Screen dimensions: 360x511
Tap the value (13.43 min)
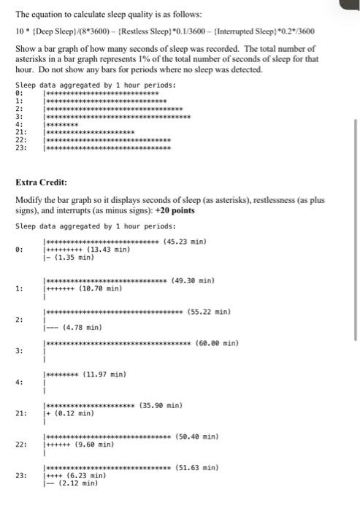pos(108,250)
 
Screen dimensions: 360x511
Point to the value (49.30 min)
pos(192,280)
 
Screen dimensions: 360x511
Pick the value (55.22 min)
pos(209,312)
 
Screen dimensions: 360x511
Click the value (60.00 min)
pos(218,343)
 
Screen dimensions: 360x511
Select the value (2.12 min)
pos(74,483)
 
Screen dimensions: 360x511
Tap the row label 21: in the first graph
pos(22,132)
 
